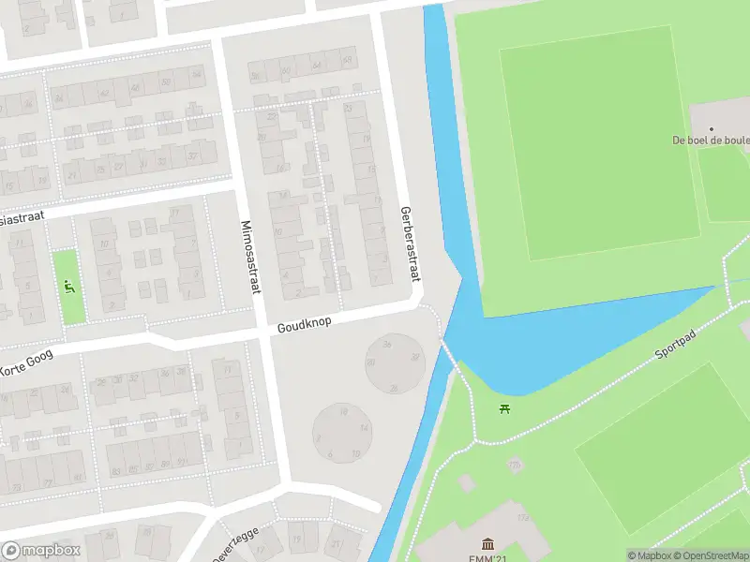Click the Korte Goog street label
coord(28,361)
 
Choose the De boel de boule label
coord(711,140)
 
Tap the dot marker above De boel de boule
coord(711,128)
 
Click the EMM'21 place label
coord(487,557)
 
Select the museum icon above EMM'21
coord(487,544)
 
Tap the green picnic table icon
coord(506,407)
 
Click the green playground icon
coord(68,285)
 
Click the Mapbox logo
coord(41,551)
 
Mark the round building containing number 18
coord(342,433)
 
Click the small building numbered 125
coord(514,465)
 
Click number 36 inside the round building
coord(387,345)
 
